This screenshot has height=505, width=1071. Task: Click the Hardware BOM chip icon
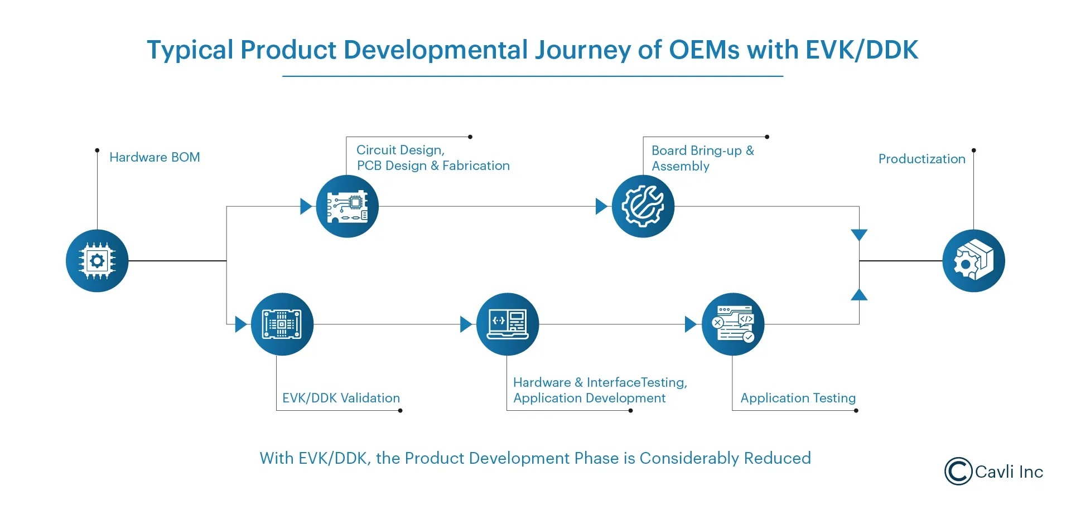97,261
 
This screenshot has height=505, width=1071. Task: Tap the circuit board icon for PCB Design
347,207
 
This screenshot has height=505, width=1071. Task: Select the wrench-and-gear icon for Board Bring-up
643,207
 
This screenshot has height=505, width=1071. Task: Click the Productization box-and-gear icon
973,261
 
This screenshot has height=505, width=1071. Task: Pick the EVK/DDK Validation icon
282,324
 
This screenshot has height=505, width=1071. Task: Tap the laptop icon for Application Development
508,324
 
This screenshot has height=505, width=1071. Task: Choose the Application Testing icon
733,324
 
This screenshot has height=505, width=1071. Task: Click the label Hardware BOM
155,157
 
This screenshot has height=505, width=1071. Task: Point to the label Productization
922,159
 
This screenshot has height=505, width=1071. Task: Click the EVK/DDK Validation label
341,398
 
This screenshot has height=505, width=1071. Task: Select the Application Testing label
798,398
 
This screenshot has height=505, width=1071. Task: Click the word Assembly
681,166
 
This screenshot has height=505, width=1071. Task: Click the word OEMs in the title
705,50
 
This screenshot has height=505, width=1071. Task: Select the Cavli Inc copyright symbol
958,472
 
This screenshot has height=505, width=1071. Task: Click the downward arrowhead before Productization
859,235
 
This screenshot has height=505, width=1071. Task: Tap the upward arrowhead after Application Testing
859,295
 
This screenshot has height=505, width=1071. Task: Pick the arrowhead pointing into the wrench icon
601,206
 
